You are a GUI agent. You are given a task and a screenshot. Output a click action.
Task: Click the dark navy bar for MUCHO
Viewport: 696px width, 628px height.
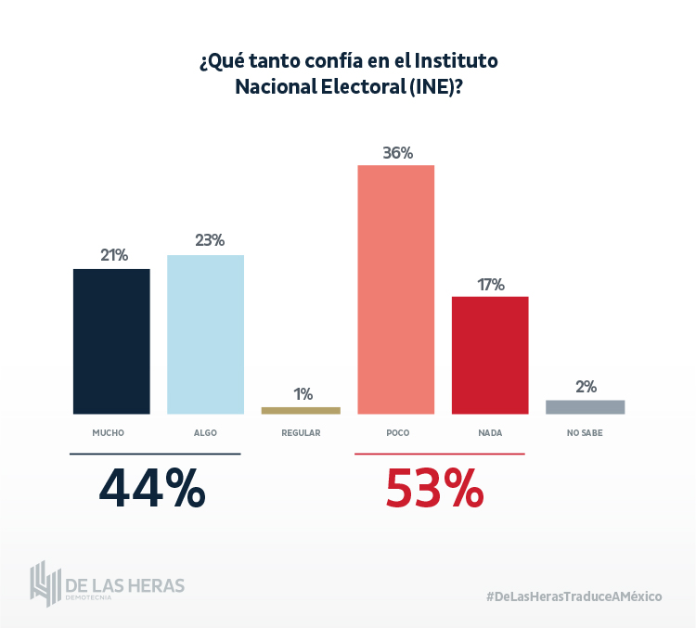tap(111, 341)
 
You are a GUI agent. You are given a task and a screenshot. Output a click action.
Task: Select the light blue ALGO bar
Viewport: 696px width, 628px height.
tap(205, 334)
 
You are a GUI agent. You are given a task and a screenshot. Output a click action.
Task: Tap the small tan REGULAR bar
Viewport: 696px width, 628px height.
tap(301, 410)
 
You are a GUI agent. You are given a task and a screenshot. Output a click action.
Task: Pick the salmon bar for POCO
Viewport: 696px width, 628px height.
tap(396, 289)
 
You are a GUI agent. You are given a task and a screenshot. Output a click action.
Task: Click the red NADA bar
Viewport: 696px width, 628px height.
tap(490, 355)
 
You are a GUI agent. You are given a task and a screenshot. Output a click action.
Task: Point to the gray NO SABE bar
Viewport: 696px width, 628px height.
tap(585, 406)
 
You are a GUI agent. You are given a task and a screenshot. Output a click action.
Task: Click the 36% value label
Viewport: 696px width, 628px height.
tap(397, 153)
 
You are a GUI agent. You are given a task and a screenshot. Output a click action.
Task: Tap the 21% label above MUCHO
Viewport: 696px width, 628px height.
tap(112, 255)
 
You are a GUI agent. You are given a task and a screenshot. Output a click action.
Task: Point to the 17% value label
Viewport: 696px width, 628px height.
tap(490, 284)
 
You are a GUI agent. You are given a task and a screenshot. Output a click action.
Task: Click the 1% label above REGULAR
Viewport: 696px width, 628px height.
tap(303, 394)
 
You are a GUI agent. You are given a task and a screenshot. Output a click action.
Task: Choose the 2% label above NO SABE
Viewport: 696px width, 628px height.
tap(585, 387)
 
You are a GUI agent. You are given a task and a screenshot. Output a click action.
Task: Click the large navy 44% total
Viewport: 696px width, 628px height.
tap(152, 488)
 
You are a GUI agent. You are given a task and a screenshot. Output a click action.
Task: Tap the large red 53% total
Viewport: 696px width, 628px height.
tap(434, 488)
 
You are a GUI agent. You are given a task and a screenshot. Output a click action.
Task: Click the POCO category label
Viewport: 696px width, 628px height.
tap(397, 433)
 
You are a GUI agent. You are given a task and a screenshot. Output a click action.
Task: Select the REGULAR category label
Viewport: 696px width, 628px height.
tap(301, 433)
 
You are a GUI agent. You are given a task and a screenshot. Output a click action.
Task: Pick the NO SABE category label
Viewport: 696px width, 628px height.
tap(585, 433)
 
